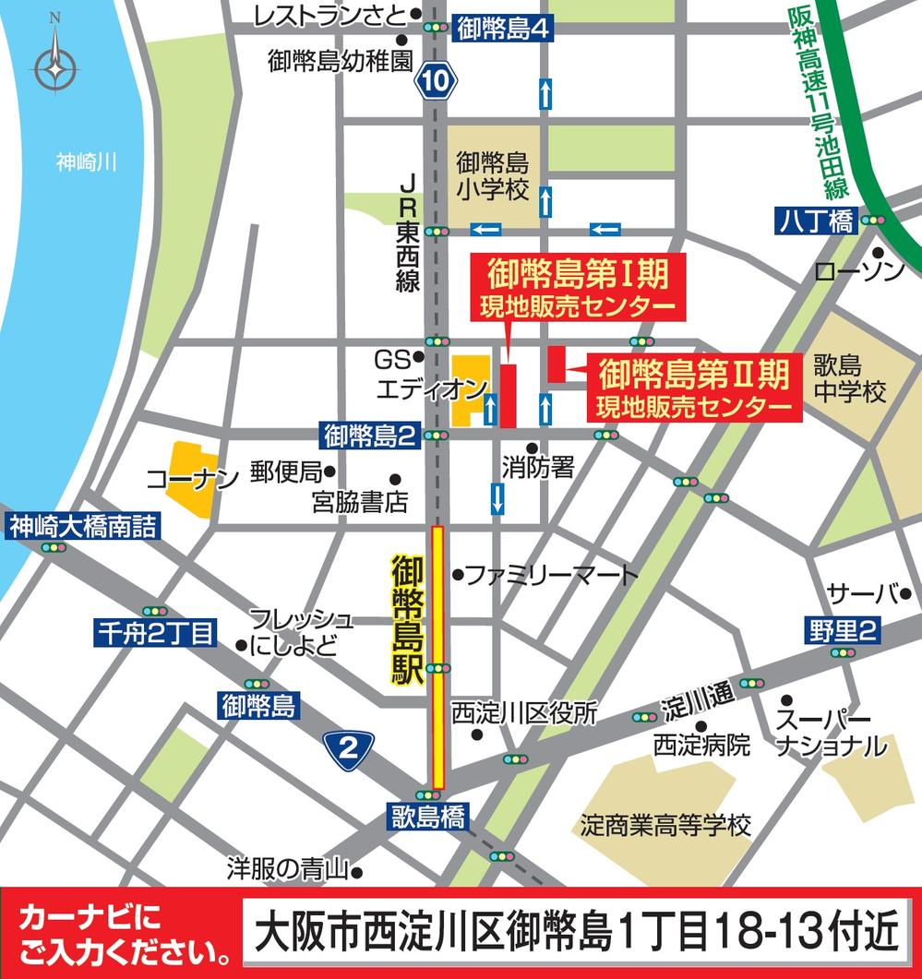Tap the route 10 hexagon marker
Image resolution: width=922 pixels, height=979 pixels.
click(x=436, y=82)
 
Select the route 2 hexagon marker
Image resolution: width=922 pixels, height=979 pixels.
click(x=348, y=748)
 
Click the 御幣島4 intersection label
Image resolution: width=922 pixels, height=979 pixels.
click(x=503, y=30)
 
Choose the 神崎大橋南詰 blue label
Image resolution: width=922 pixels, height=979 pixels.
click(x=82, y=526)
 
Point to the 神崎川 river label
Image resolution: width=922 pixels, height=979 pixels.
click(x=86, y=163)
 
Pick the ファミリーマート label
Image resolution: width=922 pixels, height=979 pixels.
click(x=550, y=576)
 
